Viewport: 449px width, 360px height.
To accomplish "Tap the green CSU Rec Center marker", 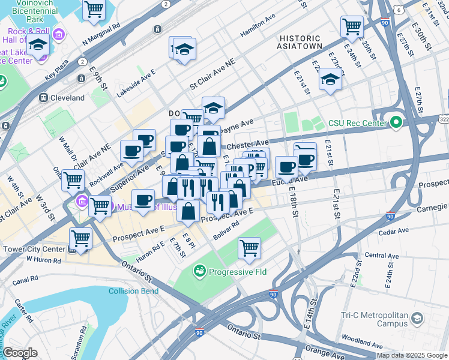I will (395, 124).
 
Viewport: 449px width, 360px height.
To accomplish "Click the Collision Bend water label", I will (133, 292).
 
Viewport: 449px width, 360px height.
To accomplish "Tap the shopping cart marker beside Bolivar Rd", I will (249, 248).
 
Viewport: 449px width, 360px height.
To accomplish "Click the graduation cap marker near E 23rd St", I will (330, 80).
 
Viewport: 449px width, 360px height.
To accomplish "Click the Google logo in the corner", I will (20, 353).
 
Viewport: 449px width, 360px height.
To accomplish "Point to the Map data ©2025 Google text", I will (412, 355).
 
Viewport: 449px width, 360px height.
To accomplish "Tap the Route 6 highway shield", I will (399, 10).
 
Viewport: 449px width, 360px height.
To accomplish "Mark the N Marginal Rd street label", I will (102, 34).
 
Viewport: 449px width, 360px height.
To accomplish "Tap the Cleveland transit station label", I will (63, 97).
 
